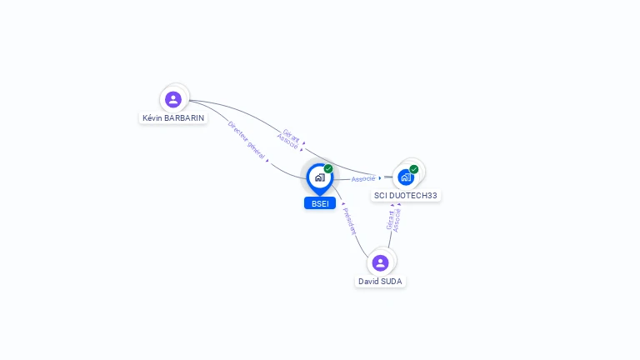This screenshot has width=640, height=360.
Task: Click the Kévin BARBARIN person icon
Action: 173,100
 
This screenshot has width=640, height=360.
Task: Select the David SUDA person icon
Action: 381,263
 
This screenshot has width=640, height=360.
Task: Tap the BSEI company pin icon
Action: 319,177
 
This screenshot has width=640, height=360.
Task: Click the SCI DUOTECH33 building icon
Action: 406,177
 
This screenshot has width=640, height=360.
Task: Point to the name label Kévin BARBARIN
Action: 173,118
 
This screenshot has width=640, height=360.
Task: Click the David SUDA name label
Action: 380,282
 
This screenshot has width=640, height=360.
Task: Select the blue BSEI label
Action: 319,203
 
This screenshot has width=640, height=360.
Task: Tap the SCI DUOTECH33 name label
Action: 405,195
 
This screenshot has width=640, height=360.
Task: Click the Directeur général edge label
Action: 246,140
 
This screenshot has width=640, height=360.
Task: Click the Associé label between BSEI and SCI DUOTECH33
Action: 363,179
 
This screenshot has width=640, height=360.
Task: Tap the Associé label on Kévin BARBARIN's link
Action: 287,142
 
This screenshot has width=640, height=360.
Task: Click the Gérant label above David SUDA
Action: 389,219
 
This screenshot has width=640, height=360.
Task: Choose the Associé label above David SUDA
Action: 397,219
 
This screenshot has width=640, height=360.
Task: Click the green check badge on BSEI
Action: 328,169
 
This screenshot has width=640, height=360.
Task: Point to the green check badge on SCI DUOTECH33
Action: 414,169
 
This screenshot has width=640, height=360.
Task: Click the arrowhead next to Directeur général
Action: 267,161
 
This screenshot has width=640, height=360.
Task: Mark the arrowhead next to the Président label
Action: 343,204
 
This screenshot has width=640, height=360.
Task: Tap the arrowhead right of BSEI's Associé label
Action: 380,177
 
